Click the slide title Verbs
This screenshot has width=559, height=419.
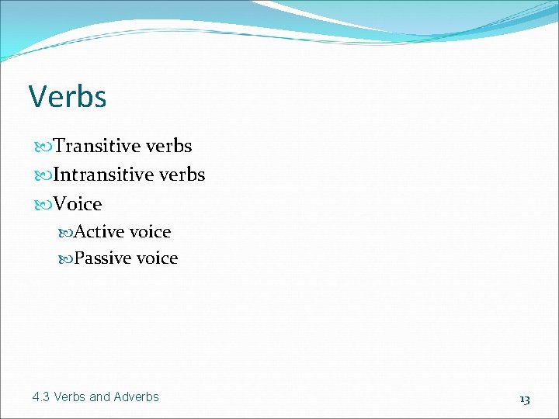click(68, 97)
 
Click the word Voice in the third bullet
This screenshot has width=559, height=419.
click(78, 204)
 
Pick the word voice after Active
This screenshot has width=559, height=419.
click(149, 232)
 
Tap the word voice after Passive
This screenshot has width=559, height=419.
click(156, 258)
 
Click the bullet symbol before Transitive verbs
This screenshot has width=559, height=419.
click(43, 147)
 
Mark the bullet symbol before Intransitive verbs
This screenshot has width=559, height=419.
click(43, 175)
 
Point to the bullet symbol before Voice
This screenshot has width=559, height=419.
click(43, 205)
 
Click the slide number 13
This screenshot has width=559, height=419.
click(525, 399)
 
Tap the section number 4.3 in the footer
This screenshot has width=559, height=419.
click(41, 397)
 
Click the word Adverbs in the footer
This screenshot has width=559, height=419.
click(136, 397)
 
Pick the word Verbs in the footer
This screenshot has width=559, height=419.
click(70, 397)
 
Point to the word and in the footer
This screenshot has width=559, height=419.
click(100, 397)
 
